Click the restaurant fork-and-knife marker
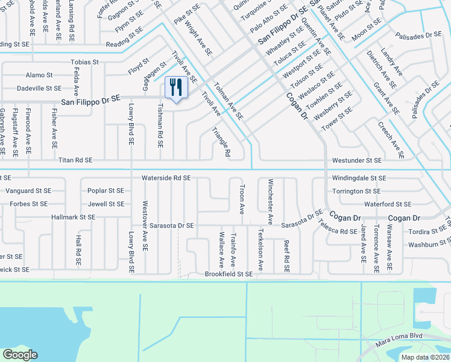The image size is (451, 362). point(176,88)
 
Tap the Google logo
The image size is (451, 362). point(20,355)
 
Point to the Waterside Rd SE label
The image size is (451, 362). point(166,178)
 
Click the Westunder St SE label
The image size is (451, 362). point(357,160)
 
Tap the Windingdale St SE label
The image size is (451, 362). point(359,179)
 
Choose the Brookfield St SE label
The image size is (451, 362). point(229,274)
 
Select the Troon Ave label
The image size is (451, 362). point(242,200)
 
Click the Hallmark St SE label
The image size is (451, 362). point(74,217)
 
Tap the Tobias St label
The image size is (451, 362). point(84,62)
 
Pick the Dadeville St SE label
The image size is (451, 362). point(40,88)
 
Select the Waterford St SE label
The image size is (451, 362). point(387,205)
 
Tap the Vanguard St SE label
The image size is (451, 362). point(30,191)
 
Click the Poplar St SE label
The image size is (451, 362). point(106,191)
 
